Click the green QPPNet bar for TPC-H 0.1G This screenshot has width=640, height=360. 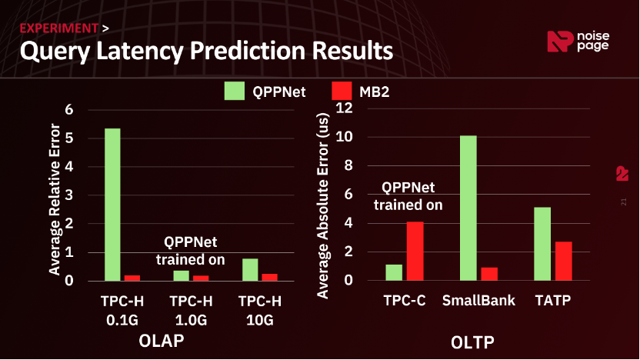coord(112,205)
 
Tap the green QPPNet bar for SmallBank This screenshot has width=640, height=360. coord(468,208)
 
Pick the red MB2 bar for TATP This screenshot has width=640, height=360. coord(563,261)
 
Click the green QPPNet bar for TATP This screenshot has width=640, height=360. coord(542,244)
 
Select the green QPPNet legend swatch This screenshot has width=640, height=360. coord(234,91)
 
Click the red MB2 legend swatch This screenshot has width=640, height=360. coord(341,91)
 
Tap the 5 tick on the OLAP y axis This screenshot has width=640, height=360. coord(69,138)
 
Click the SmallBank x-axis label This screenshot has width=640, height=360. coord(478,300)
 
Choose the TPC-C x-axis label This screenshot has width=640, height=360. coord(405,300)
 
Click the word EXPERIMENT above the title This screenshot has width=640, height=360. coord(58,28)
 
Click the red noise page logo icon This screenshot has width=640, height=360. coord(558,42)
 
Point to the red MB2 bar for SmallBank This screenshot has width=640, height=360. coord(489,274)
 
